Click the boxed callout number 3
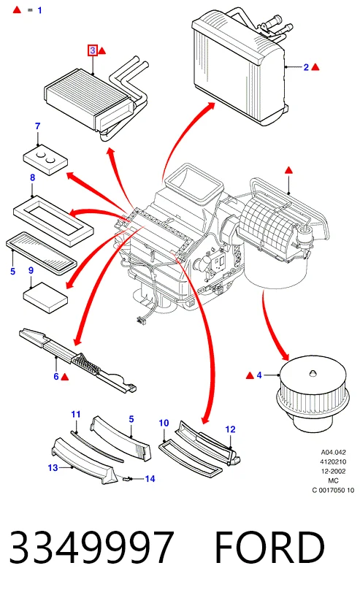[x=93, y=50]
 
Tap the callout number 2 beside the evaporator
[x=306, y=67]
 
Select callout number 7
[x=37, y=126]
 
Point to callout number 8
[x=32, y=177]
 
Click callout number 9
[x=31, y=270]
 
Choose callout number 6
[x=56, y=377]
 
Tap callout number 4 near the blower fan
[x=259, y=375]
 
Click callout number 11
[x=76, y=414]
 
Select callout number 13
[x=53, y=467]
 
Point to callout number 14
[x=150, y=478]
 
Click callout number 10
[x=164, y=423]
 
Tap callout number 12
[x=230, y=429]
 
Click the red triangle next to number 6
[x=65, y=377]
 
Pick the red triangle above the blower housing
[x=288, y=170]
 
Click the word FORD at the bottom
[x=269, y=548]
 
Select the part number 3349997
[x=91, y=548]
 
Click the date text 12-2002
[x=333, y=471]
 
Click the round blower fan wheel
[x=313, y=393]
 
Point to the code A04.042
[x=333, y=452]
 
